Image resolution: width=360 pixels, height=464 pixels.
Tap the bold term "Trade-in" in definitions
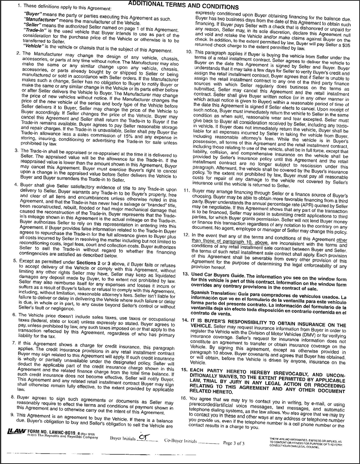coord(35,30)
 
